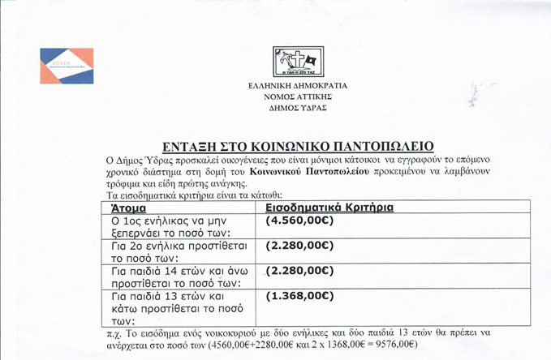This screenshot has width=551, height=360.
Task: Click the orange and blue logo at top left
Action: pos(69,66)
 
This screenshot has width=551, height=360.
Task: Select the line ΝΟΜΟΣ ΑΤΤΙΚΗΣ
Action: pos(298,96)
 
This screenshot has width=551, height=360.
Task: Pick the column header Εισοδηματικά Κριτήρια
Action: pos(329,208)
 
